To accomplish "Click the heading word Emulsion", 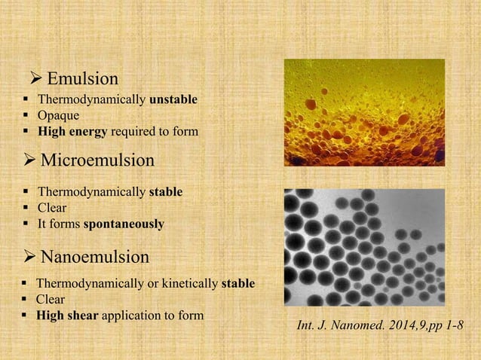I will point(82,78).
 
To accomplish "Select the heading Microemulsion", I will point(97,160).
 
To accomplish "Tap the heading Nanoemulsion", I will point(94,257).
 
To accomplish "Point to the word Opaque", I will point(59,115).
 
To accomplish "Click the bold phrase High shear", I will point(67,316).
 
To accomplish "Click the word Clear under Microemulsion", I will point(52,208).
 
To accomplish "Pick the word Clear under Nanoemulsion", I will point(51,300).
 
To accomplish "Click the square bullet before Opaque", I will point(26,116).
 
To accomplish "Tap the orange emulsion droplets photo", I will point(363,112).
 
